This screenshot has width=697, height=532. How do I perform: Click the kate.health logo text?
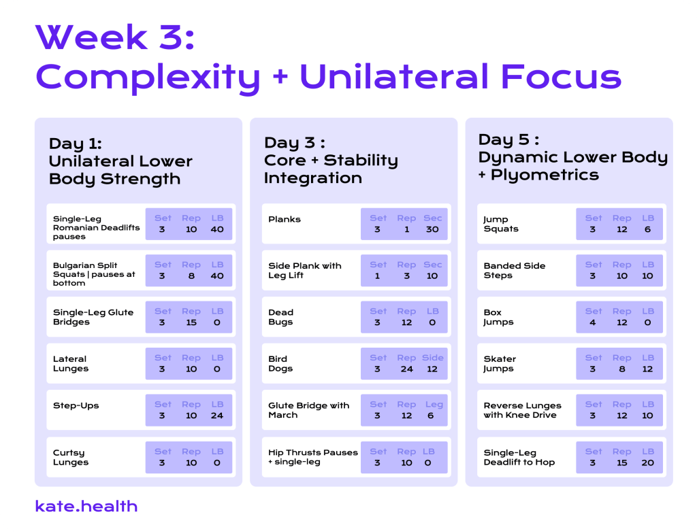click(86, 506)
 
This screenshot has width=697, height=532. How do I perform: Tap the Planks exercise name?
click(285, 219)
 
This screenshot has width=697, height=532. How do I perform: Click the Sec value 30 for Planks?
click(432, 229)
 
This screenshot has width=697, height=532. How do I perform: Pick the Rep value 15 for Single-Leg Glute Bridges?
click(191, 322)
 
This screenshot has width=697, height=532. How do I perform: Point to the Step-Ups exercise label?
click(76, 405)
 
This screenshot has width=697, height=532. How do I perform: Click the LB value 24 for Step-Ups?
click(217, 416)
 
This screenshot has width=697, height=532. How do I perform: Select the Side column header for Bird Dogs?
click(432, 358)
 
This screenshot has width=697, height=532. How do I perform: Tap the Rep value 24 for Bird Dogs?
click(407, 369)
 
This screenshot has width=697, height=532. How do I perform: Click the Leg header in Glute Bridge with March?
click(434, 405)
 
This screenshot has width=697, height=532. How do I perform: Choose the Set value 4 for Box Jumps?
click(593, 322)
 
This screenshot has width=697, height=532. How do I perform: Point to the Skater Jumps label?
click(500, 363)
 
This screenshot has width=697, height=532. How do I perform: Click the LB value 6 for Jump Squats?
click(648, 229)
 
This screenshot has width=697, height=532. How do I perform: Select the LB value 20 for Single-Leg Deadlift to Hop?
click(648, 463)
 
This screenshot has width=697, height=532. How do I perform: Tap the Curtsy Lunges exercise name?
click(71, 457)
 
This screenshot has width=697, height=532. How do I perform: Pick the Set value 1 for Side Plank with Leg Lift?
click(377, 276)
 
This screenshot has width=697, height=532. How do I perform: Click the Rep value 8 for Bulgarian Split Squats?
click(191, 276)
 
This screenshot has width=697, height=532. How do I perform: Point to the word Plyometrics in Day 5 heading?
click(545, 176)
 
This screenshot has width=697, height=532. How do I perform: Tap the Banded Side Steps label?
click(515, 270)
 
